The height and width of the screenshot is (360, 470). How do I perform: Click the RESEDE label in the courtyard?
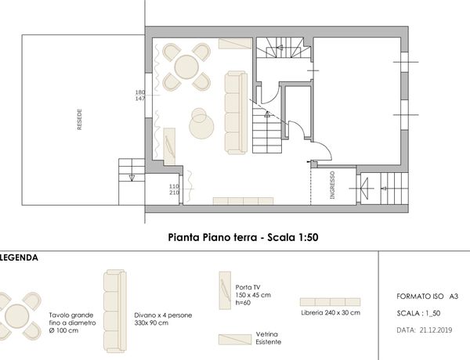click(79, 119)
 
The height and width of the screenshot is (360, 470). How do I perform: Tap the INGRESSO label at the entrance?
click(332, 185)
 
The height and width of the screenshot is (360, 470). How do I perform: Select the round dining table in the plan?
click(186, 67)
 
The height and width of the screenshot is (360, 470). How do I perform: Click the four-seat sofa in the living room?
click(237, 113)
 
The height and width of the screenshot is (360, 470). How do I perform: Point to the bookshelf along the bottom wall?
click(243, 201)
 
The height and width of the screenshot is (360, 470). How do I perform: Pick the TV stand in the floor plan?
click(169, 146)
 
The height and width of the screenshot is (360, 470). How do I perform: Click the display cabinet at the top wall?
click(235, 43)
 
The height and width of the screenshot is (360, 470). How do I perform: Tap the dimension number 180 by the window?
click(140, 92)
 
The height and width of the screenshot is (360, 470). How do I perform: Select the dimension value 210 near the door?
click(174, 193)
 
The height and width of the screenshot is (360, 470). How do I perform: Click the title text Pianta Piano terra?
click(212, 237)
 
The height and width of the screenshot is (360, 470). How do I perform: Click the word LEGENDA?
click(19, 257)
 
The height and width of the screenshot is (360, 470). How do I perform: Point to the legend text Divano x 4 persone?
click(163, 315)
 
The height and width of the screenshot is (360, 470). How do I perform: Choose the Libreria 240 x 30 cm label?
click(331, 313)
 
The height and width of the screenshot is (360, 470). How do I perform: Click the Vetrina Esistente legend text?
click(268, 338)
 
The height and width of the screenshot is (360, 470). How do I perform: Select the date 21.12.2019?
click(436, 330)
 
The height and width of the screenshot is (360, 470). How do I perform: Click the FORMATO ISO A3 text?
click(428, 297)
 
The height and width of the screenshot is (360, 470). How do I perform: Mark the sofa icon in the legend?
click(115, 311)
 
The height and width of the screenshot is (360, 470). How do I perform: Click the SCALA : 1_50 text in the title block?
click(418, 313)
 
